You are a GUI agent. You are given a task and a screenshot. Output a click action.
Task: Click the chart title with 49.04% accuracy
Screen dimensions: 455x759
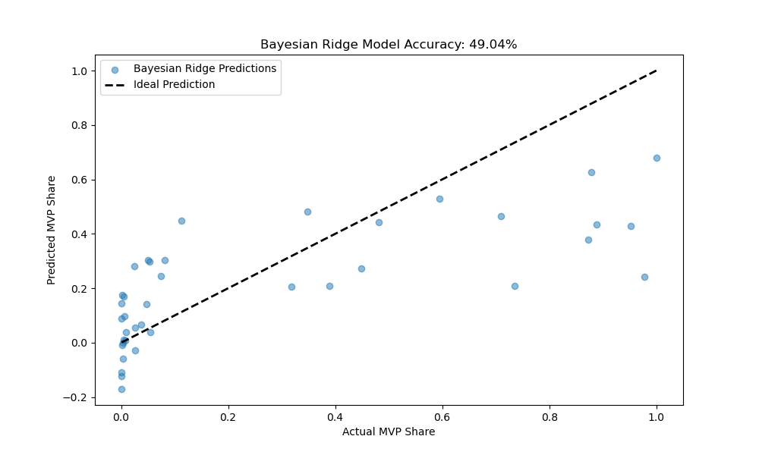389,45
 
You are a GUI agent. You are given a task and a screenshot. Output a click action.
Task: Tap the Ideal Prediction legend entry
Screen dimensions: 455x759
174,84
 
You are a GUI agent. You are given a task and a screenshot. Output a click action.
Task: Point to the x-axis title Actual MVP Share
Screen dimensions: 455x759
389,431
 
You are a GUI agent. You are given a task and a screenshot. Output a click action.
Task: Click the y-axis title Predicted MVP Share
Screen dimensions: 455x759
52,230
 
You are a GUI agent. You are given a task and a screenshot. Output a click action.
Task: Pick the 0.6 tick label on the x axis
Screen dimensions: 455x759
442,416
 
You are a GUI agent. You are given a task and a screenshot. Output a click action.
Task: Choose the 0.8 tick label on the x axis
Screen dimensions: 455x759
550,416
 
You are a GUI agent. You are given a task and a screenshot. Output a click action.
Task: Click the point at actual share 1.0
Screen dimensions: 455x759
657,158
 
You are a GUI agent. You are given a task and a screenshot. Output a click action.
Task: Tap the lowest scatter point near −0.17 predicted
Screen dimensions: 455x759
121,389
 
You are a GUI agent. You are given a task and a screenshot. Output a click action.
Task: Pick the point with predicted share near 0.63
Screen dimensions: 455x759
591,172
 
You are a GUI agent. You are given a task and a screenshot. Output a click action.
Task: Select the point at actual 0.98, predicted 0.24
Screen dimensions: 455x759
644,277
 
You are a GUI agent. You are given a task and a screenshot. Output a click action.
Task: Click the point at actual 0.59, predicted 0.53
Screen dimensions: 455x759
439,199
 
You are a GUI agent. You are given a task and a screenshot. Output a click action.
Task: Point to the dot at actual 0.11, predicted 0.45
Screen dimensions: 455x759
181,221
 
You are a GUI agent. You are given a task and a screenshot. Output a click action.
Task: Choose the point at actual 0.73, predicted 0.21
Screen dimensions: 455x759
515,286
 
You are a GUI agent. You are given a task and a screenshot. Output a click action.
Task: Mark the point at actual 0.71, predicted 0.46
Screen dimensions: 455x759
501,216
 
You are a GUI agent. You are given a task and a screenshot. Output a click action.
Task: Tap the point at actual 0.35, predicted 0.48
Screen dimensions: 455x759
307,212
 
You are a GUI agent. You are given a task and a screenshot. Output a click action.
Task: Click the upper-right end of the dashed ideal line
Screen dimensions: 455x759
657,71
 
